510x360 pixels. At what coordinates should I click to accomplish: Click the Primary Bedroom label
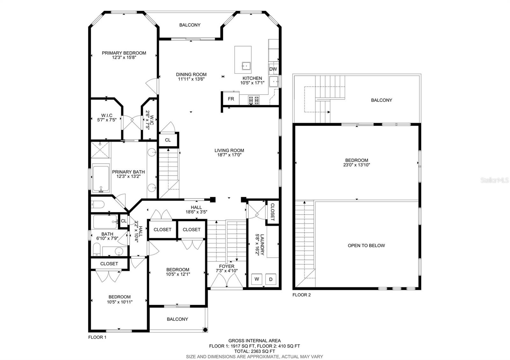tap(124, 53)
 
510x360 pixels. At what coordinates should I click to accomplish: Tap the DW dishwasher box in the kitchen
tap(273, 69)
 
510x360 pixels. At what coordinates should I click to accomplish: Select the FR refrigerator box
tap(231, 99)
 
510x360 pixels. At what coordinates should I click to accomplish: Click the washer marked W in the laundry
tap(257, 279)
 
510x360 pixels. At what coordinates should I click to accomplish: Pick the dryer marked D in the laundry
tap(271, 279)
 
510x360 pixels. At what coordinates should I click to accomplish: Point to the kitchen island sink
tap(246, 66)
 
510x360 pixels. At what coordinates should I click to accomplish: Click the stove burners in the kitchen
tap(254, 100)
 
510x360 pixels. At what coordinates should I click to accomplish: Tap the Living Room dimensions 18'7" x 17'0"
tap(229, 155)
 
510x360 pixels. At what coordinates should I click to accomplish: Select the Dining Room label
tap(191, 75)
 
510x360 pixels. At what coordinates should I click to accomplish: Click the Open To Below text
tap(366, 246)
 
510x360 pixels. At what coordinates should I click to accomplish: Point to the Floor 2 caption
tap(302, 295)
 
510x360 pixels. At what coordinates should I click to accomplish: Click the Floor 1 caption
tap(97, 337)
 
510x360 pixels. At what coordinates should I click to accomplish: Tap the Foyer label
tap(227, 266)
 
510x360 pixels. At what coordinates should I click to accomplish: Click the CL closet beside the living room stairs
tap(168, 140)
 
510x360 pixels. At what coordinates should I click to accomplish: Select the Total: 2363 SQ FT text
tap(255, 351)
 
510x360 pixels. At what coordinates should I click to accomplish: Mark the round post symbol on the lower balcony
tap(205, 329)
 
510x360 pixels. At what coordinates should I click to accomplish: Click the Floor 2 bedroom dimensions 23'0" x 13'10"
tap(357, 165)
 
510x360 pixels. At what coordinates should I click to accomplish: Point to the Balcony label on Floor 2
tap(382, 100)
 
